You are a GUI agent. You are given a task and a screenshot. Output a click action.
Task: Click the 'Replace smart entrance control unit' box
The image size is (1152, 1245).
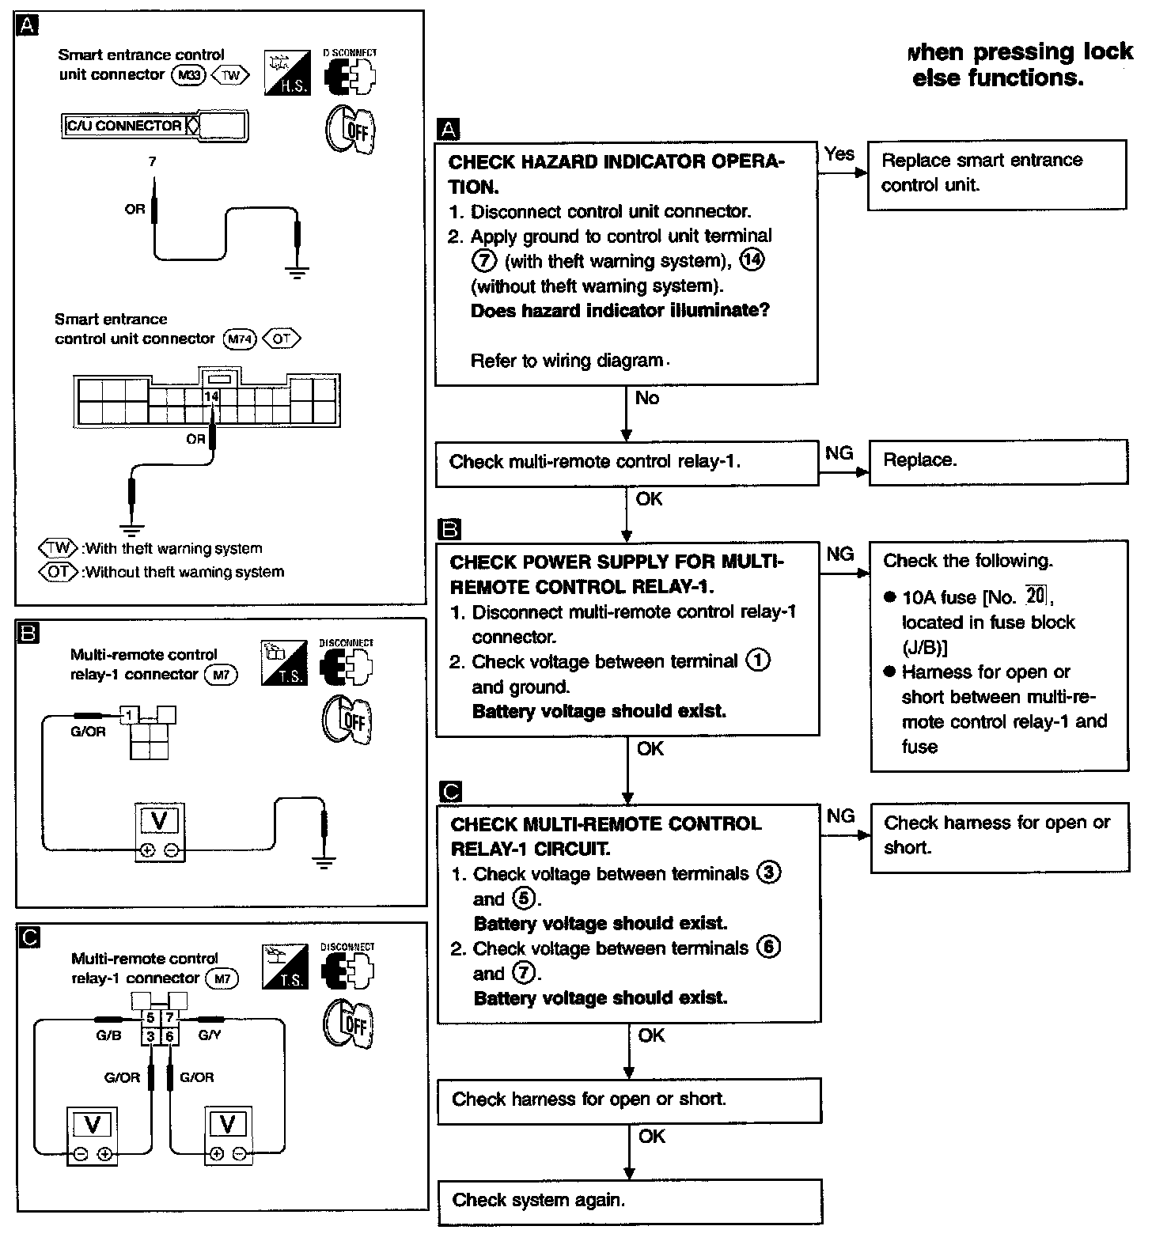(996, 174)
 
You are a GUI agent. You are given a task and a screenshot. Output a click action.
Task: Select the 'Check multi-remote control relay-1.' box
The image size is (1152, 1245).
(627, 463)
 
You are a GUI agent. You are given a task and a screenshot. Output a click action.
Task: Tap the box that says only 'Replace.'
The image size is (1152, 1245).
(998, 461)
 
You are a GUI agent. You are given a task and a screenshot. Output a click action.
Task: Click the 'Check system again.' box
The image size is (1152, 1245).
(630, 1201)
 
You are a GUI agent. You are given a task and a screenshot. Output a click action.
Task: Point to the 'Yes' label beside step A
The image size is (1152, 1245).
(839, 153)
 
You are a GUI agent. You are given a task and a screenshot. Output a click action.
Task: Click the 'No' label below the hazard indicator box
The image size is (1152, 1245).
(646, 398)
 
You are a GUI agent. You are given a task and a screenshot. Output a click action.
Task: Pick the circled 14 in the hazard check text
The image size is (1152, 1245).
(752, 260)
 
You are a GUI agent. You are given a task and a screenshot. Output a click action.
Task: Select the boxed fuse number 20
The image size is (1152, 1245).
(1036, 595)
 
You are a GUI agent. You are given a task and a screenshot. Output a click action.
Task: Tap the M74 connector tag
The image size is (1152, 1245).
(240, 339)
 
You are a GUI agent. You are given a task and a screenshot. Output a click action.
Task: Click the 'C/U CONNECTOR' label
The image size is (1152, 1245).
(123, 126)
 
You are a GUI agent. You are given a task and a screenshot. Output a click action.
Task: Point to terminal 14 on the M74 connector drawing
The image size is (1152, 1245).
(211, 396)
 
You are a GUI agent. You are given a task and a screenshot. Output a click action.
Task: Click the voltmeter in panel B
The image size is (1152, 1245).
(159, 832)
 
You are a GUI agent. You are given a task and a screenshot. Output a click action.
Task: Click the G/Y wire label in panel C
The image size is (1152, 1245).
(209, 1035)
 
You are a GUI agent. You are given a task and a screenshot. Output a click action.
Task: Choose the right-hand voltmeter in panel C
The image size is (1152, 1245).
(228, 1134)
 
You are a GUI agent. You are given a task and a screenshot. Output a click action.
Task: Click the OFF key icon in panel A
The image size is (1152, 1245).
(349, 128)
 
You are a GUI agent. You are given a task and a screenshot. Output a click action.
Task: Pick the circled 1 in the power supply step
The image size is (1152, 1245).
(758, 660)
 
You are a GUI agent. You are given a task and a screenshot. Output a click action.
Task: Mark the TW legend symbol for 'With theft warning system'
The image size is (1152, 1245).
(59, 548)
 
